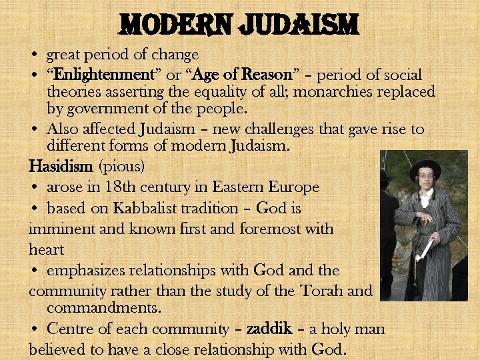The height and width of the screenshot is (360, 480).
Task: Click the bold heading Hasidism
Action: [x=60, y=164]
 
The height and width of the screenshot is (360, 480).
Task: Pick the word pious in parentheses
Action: [x=122, y=165]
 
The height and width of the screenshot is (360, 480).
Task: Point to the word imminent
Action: [x=59, y=229]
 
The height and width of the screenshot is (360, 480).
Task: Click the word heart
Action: [x=46, y=249]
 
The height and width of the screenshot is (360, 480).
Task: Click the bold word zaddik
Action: [x=269, y=329]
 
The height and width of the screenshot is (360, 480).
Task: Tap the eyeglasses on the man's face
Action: [x=425, y=177]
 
